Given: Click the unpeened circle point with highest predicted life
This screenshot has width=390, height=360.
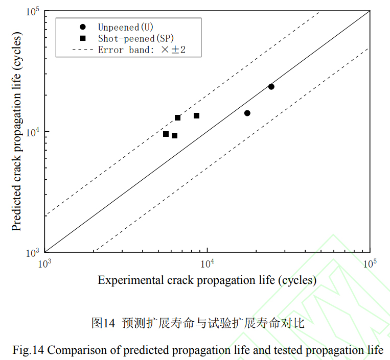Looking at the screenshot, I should (x=271, y=87).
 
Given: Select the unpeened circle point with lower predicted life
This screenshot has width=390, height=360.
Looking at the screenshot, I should (x=247, y=113).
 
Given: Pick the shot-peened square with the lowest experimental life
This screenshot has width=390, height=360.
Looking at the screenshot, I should (x=166, y=134).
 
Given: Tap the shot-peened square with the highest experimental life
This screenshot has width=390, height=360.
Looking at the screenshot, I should (x=196, y=116).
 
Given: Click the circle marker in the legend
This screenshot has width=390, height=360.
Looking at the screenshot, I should (x=83, y=27).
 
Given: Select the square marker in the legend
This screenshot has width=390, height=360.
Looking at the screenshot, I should (x=83, y=38).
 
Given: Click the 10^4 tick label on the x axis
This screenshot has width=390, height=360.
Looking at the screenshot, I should (x=207, y=262).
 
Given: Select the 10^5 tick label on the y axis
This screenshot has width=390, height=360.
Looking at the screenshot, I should (x=33, y=11).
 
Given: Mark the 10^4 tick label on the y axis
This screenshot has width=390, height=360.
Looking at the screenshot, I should (x=33, y=131).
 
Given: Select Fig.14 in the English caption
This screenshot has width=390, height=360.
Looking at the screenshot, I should (x=29, y=350).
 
